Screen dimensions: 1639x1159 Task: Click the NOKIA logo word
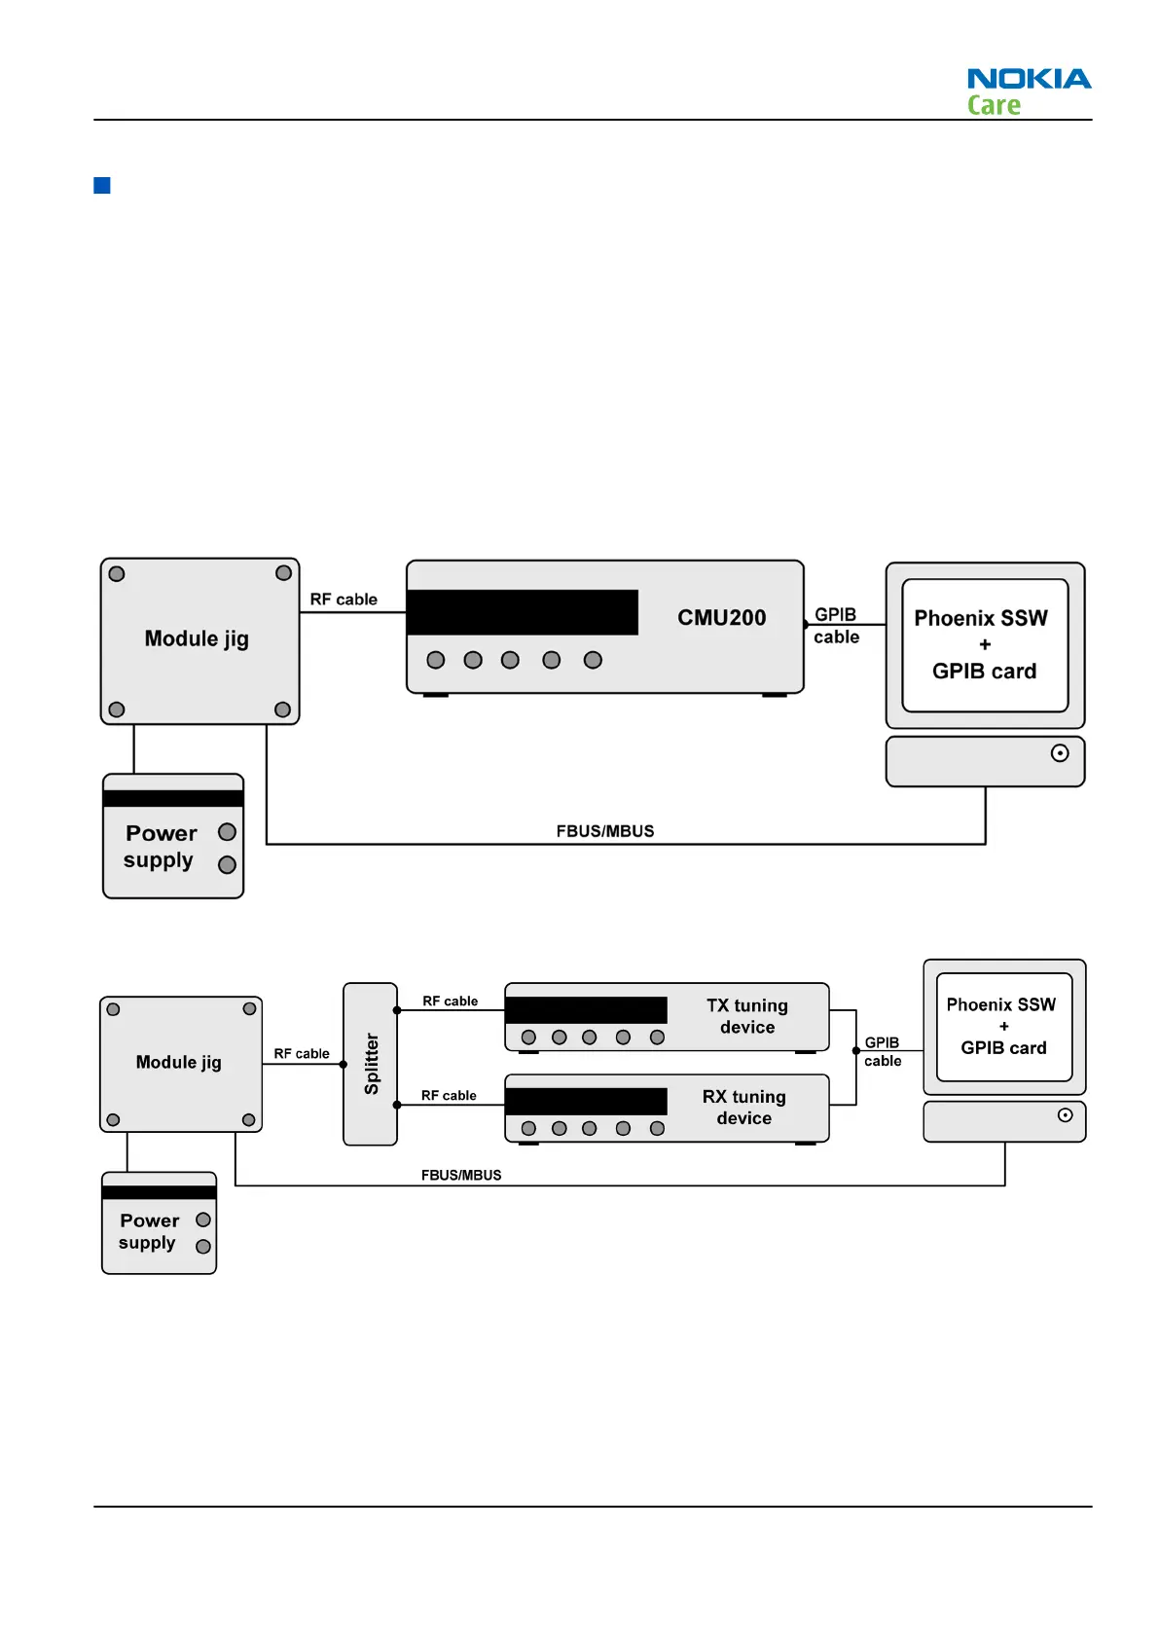tap(1029, 79)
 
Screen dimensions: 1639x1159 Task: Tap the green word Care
tap(994, 105)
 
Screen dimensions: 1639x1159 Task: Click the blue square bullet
tap(102, 185)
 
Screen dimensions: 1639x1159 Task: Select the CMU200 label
tap(721, 618)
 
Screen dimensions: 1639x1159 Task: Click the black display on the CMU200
tap(523, 612)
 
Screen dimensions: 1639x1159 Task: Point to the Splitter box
tap(371, 1064)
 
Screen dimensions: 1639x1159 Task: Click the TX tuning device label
tap(746, 1016)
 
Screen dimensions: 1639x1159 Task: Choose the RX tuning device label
tap(744, 1108)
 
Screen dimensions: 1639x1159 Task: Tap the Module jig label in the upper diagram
tap(197, 639)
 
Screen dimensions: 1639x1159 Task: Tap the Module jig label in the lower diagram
tap(179, 1063)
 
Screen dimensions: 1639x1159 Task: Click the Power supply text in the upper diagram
tap(161, 847)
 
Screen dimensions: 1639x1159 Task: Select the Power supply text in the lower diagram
tap(149, 1231)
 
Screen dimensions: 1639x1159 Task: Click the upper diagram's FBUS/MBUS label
tap(605, 831)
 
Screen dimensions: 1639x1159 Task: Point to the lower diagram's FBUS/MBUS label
tap(461, 1176)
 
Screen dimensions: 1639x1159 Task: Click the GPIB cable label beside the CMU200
tap(836, 626)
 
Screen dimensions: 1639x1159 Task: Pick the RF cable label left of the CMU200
tap(344, 600)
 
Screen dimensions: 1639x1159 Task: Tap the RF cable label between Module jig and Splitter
tap(302, 1054)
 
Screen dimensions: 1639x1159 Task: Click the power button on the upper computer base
tap(1060, 753)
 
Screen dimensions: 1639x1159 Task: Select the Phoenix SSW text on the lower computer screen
tap(1000, 1005)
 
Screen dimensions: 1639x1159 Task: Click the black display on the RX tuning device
tap(586, 1101)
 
